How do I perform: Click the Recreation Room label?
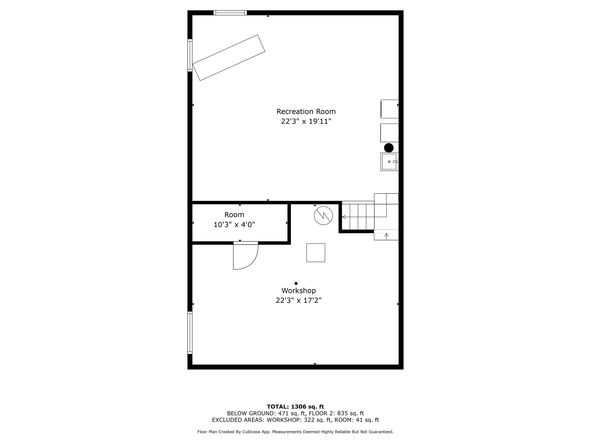click(x=306, y=112)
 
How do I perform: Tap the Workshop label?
click(x=298, y=291)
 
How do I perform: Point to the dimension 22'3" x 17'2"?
click(x=298, y=301)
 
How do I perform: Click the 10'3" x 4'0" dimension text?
click(x=234, y=225)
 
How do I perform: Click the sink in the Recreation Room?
click(x=389, y=162)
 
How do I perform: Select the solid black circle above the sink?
click(x=389, y=148)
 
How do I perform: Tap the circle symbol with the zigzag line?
click(x=323, y=215)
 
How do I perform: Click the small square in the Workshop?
click(x=316, y=253)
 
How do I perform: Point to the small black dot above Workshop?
click(x=296, y=283)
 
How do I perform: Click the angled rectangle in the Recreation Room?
click(x=229, y=58)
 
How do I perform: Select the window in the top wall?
click(x=230, y=13)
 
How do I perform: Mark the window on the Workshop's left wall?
click(x=190, y=333)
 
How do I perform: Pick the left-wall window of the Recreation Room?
click(x=190, y=55)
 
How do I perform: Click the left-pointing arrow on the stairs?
click(x=344, y=217)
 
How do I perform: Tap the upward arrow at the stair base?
click(x=386, y=235)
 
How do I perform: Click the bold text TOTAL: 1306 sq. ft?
click(x=295, y=407)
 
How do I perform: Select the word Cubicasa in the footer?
click(x=252, y=432)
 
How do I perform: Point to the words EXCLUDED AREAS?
click(x=238, y=420)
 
